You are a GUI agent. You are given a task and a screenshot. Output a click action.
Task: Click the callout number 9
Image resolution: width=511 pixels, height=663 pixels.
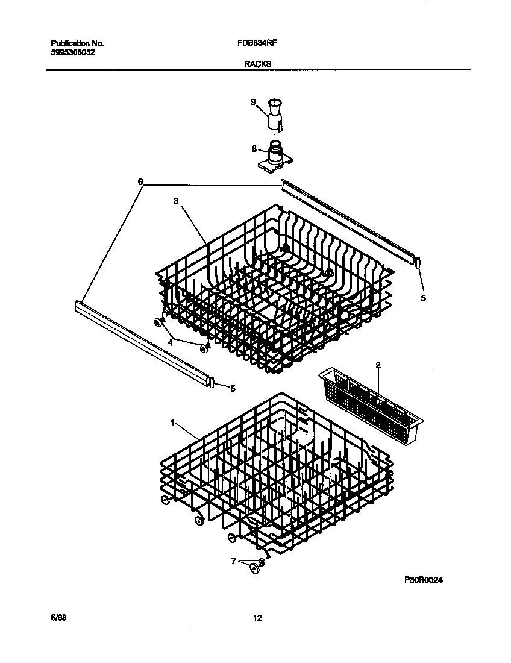(254, 102)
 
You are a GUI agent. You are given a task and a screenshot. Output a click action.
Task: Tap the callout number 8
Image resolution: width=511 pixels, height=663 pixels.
(254, 148)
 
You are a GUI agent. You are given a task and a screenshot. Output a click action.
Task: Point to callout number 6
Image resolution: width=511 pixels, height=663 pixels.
(140, 181)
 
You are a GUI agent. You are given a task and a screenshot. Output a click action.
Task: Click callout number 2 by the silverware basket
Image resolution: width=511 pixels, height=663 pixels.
(378, 365)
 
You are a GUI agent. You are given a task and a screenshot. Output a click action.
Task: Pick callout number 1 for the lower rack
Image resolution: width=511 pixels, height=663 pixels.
(173, 423)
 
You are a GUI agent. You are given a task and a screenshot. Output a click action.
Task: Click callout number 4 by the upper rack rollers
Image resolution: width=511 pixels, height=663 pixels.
(170, 342)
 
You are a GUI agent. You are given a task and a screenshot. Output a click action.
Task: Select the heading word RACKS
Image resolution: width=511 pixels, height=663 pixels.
(258, 63)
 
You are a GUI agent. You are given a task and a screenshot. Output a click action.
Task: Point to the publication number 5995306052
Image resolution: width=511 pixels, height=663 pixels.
(73, 52)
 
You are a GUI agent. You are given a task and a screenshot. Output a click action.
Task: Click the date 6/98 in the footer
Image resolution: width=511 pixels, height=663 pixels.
(58, 618)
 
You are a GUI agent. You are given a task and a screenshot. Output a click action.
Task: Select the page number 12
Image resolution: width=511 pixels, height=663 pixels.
(257, 618)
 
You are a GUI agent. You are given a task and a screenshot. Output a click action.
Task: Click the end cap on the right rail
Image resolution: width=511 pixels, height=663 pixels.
(417, 261)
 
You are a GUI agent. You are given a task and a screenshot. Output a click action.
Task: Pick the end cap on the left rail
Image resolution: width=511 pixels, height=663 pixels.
(211, 382)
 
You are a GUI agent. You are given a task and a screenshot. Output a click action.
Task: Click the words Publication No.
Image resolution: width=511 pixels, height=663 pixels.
(78, 44)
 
